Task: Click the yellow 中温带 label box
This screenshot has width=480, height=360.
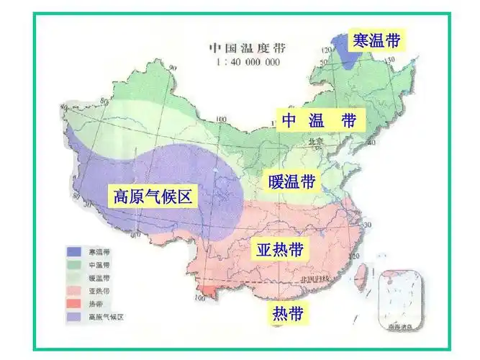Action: (319, 120)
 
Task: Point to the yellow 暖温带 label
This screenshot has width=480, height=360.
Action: (291, 181)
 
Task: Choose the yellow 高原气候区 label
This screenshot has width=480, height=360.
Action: (152, 195)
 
